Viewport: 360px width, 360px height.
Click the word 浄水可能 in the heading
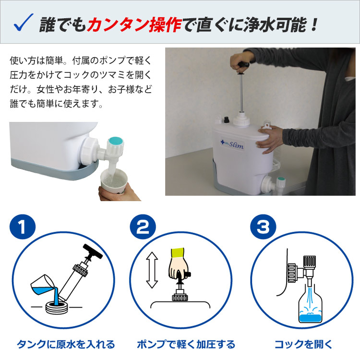point(279,24)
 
